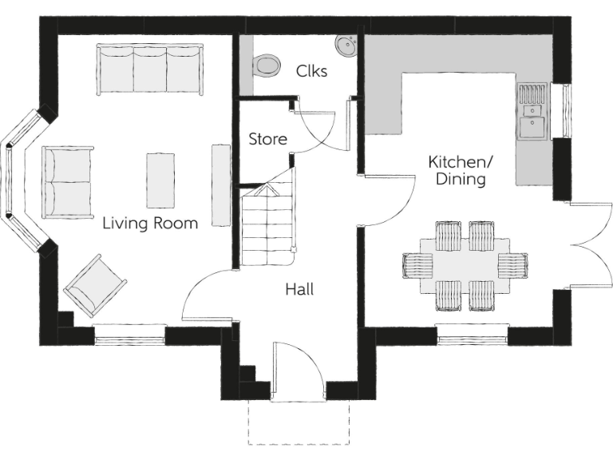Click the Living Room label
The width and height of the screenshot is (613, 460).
(150, 224)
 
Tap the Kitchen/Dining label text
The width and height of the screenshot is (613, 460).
(461, 171)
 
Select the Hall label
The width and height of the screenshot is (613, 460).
(299, 289)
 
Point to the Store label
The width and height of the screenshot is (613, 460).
(267, 139)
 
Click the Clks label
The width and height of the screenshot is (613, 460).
(311, 70)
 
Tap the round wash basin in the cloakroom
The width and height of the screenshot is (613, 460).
(346, 46)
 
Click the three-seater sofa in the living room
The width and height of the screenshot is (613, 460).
(150, 70)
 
